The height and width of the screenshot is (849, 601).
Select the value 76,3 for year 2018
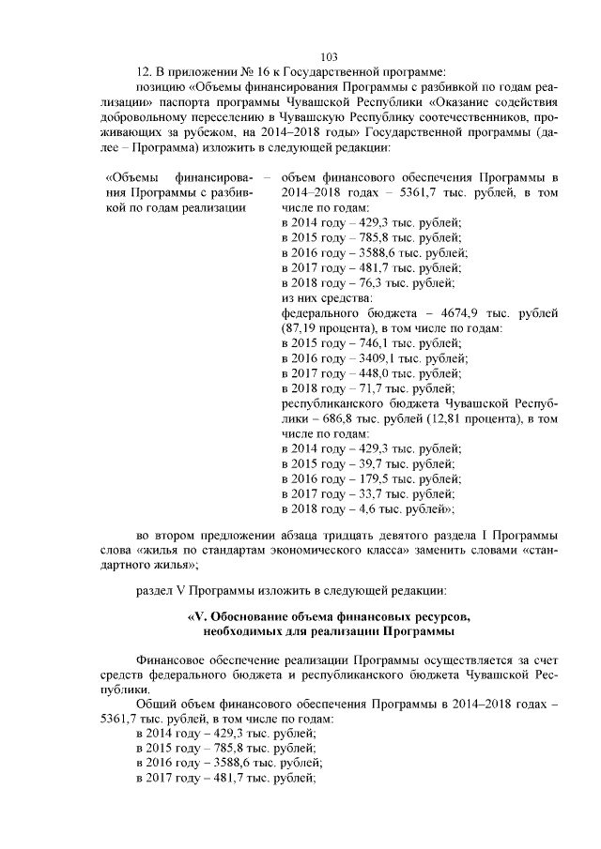point(360,282)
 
